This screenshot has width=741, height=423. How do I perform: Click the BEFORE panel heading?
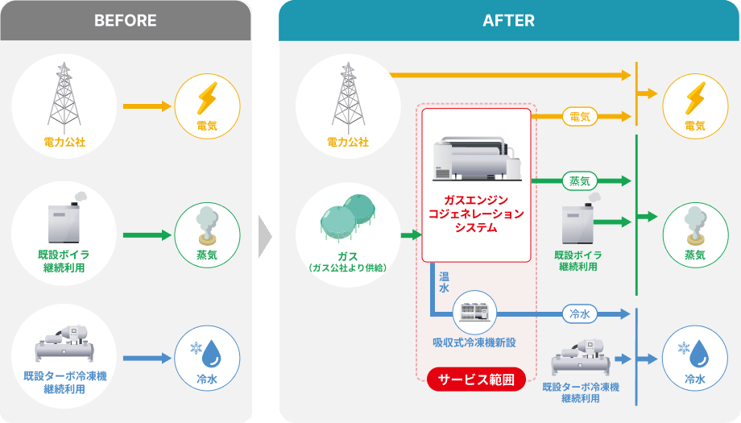(125, 20)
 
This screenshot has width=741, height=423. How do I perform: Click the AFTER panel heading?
(508, 20)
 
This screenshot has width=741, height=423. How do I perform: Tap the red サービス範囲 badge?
(474, 379)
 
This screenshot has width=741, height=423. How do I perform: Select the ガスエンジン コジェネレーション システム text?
(476, 214)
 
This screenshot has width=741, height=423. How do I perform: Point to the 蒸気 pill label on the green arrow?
(579, 180)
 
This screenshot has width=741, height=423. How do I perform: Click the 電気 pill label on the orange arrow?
(579, 117)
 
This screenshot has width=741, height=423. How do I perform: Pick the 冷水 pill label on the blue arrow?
(579, 313)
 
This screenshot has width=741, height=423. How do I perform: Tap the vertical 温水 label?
(444, 283)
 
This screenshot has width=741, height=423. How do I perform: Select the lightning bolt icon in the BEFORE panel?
(207, 99)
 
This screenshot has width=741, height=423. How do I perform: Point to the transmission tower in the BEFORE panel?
(64, 96)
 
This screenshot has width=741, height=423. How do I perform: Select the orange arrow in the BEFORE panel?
(148, 106)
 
